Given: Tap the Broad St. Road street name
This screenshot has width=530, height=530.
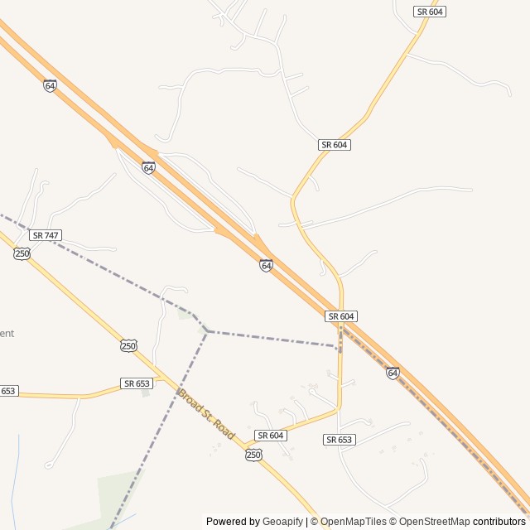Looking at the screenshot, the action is (x=206, y=413).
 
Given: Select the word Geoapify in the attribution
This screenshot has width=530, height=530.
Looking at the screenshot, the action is (x=282, y=522).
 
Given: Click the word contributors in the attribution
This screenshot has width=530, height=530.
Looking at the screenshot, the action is (x=499, y=522).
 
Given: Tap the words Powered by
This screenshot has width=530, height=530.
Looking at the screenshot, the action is (x=233, y=522).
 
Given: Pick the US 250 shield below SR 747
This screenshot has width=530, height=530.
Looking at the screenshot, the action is (x=22, y=253).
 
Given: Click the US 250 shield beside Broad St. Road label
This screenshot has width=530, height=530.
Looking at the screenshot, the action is (x=253, y=455).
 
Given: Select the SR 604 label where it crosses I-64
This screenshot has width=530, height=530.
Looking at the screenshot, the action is (x=341, y=316).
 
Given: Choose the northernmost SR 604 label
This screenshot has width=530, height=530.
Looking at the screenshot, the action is (x=430, y=12).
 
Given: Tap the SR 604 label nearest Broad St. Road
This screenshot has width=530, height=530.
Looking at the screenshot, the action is (x=271, y=436).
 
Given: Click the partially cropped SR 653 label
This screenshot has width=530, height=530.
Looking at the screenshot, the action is (x=8, y=391).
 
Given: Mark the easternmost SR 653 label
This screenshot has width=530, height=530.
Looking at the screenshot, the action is (x=340, y=440).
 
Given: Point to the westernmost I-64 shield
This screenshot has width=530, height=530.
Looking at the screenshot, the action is (x=51, y=85).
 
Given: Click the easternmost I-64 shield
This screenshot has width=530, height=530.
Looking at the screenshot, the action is (x=393, y=373).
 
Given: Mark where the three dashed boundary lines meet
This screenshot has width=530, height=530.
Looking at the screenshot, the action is (x=206, y=331).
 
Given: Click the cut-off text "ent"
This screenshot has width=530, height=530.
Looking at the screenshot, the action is (x=7, y=333).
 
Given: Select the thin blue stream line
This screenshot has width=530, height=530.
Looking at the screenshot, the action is (x=15, y=480).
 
